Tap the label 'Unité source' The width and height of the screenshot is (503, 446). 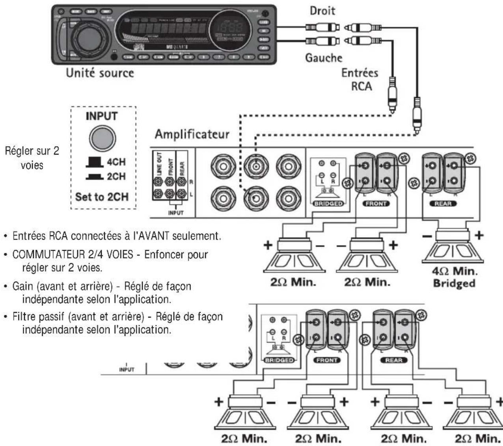click(x=100, y=72)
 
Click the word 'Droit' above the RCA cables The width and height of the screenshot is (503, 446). click(x=322, y=11)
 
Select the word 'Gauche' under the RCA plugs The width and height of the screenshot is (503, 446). click(x=324, y=58)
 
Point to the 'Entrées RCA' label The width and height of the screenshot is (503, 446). click(x=360, y=79)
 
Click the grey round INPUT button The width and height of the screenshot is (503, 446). click(x=102, y=137)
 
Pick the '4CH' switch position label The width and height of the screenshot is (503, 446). click(x=116, y=162)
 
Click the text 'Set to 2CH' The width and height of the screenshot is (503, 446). click(x=102, y=196)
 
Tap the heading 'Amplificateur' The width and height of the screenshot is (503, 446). click(x=192, y=134)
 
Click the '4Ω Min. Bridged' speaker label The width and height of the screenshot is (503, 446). click(x=454, y=277)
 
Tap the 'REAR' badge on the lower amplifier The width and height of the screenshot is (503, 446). click(x=393, y=360)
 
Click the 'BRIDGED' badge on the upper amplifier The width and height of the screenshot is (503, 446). click(x=328, y=204)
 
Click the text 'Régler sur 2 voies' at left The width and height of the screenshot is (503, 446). click(x=32, y=158)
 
